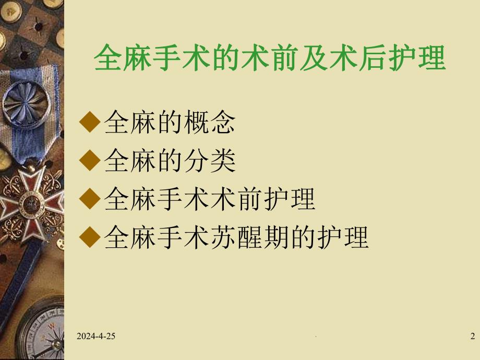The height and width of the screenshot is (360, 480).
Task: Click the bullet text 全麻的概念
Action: (170, 123)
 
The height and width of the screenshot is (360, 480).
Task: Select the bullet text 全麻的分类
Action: (170, 161)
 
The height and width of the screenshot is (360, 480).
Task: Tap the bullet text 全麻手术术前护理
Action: (210, 199)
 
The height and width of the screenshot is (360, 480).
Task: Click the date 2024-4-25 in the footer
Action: (96, 337)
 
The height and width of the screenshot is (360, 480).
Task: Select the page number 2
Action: (472, 337)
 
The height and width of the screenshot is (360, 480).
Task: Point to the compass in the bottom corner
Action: (44, 334)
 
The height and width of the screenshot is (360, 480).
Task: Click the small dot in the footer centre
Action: (317, 339)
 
